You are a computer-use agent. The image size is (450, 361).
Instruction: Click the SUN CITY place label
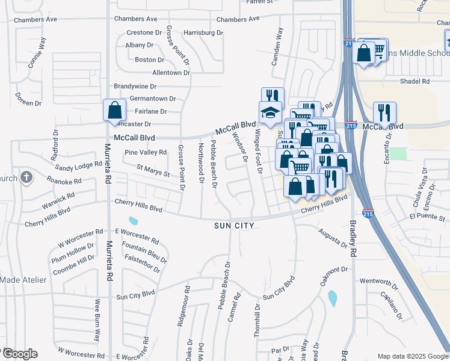[234, 226]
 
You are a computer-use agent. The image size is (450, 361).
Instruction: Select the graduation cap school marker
[270, 113]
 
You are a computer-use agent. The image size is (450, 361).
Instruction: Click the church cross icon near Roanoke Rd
[25, 177]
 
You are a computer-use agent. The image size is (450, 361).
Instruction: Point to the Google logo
[20, 353]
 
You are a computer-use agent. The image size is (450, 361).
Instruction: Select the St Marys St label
[153, 172]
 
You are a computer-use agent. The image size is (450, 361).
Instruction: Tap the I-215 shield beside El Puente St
[368, 214]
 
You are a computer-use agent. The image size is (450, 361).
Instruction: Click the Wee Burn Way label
[96, 319]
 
